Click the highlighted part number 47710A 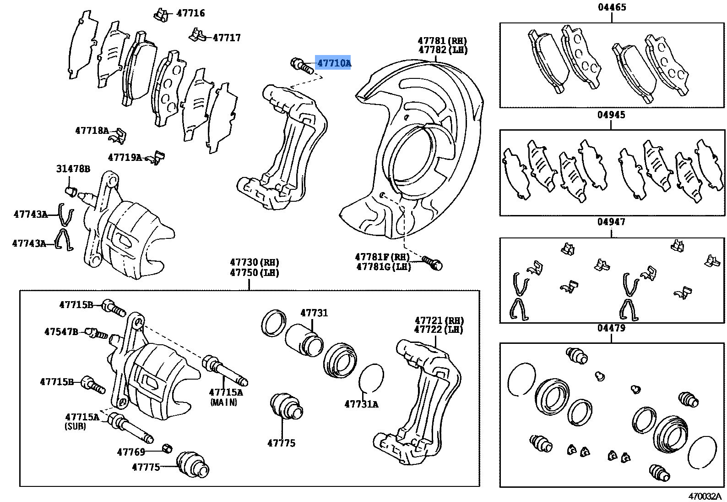334,63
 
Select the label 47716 190,13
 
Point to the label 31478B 73,169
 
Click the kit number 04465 612,7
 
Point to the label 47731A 361,404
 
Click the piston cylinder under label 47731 304,341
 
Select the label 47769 131,452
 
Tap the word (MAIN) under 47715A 224,403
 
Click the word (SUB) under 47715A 75,426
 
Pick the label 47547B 61,332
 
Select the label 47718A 92,131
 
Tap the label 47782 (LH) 443,50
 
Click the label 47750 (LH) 255,272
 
